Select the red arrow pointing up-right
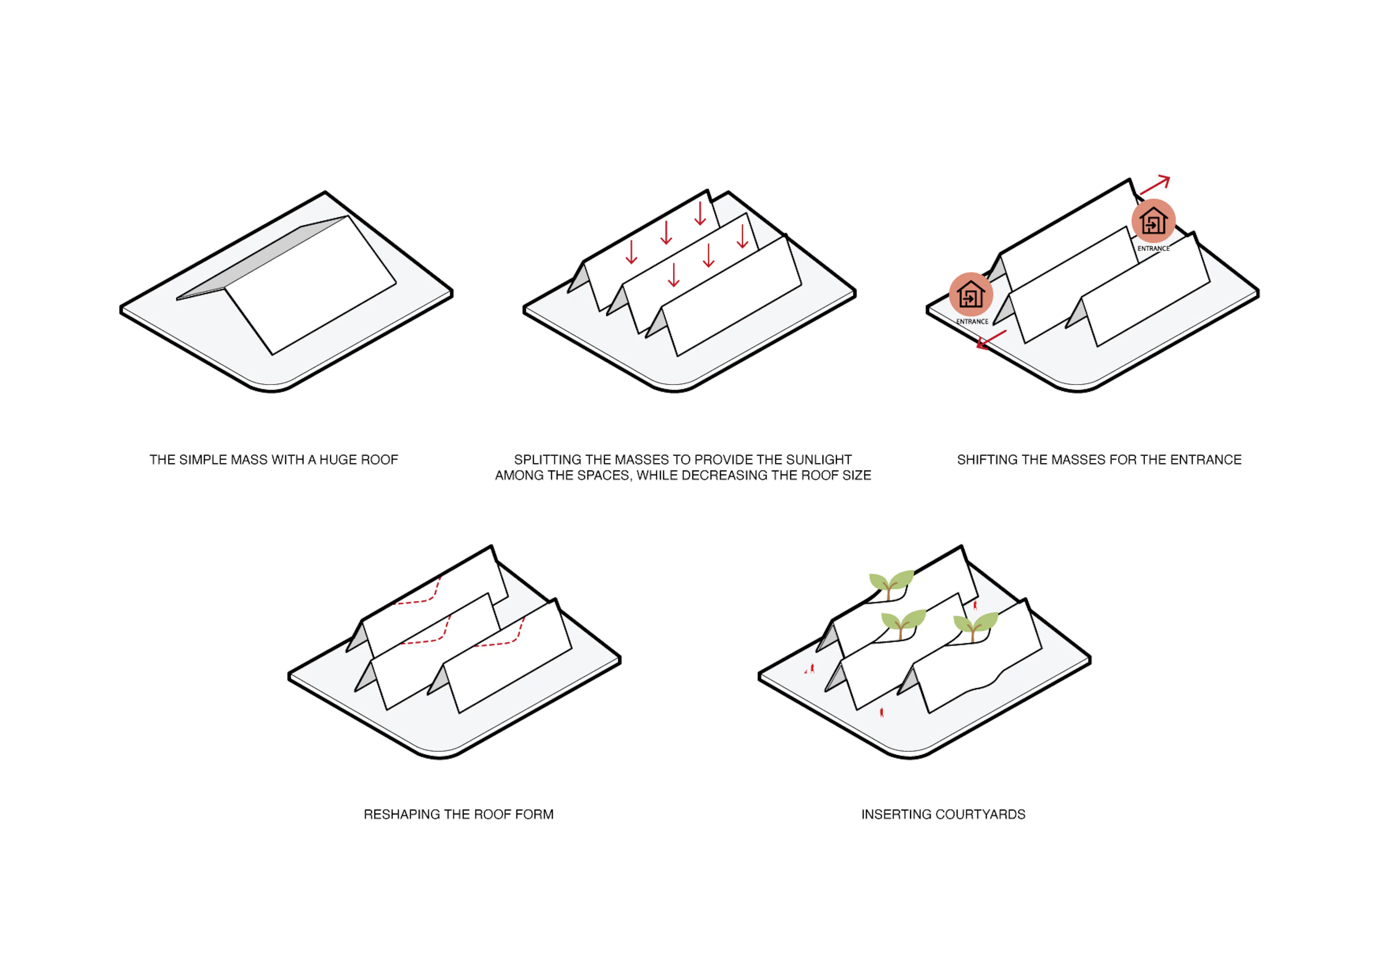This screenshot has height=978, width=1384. click(1155, 185)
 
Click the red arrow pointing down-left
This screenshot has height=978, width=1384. click(991, 340)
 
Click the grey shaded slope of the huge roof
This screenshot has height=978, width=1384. click(263, 257)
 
